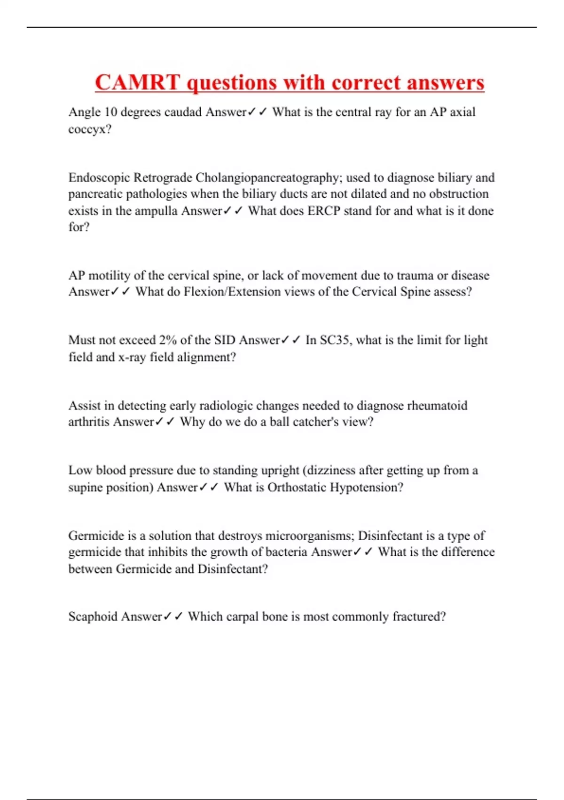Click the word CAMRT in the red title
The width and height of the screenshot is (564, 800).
[x=137, y=83]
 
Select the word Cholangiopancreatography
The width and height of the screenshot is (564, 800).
[x=267, y=177]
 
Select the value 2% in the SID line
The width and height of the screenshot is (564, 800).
[x=167, y=340]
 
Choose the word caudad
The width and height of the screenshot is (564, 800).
[x=183, y=112]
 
